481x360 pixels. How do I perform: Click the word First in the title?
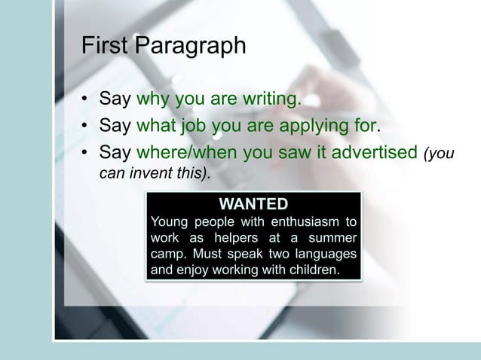click(x=105, y=46)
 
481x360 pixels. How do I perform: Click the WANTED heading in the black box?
click(x=253, y=203)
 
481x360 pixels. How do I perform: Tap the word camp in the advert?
click(x=167, y=253)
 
